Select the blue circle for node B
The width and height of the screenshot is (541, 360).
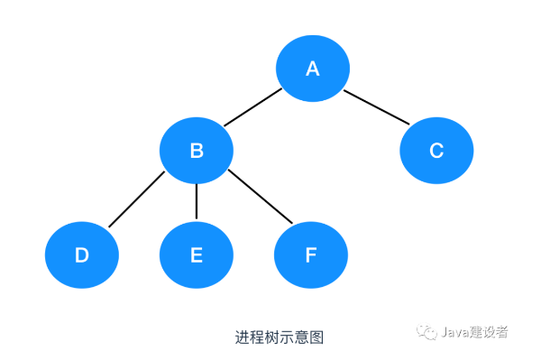tap(196, 151)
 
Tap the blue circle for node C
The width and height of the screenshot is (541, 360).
tap(436, 151)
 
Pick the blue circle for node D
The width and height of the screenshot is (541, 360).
tap(82, 255)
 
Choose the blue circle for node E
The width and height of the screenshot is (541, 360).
tap(196, 255)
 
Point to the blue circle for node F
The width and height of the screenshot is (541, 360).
tap(311, 255)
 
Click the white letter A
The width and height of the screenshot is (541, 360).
tap(313, 69)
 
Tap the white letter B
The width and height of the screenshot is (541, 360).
tap(196, 151)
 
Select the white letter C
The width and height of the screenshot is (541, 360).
tap(436, 151)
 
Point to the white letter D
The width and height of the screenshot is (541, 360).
tap(82, 255)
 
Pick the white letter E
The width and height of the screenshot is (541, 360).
tap(196, 255)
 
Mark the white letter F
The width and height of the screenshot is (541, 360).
tap(311, 255)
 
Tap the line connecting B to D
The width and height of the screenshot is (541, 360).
tap(137, 199)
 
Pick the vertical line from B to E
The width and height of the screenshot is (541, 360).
tap(196, 203)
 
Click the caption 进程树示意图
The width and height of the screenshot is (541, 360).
tap(279, 337)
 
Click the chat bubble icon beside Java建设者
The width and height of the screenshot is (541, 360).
tap(426, 333)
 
